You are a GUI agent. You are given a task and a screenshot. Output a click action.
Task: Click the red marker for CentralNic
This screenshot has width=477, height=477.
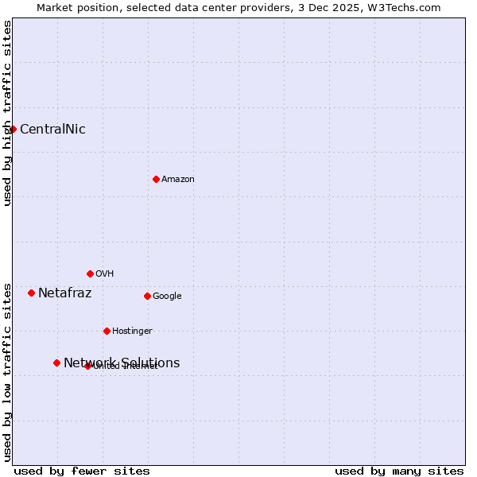click(13, 129)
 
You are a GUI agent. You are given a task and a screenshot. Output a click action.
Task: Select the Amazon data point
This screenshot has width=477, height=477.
click(156, 179)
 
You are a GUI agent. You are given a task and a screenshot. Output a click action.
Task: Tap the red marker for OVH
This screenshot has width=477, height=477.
click(90, 273)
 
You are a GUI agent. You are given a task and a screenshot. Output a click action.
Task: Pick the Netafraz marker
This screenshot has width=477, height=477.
click(31, 293)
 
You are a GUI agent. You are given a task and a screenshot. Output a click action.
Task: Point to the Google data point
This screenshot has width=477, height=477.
click(147, 296)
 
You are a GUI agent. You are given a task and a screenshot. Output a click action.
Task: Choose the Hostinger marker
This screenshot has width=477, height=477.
click(107, 331)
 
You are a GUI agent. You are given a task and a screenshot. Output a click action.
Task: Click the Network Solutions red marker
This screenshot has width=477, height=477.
click(56, 363)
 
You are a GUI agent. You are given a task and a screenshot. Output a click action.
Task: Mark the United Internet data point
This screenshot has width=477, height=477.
click(87, 366)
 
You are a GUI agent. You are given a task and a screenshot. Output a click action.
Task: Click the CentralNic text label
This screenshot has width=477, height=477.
click(52, 130)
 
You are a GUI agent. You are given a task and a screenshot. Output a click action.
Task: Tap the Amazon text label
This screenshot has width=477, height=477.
click(178, 180)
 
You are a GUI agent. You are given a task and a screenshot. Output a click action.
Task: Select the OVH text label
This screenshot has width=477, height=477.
click(105, 274)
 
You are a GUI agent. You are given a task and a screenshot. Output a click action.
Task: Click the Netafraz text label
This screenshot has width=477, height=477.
click(65, 293)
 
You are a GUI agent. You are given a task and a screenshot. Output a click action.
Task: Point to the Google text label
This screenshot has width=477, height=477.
click(167, 297)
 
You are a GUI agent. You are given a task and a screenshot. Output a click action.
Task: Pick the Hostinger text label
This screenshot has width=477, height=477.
click(132, 332)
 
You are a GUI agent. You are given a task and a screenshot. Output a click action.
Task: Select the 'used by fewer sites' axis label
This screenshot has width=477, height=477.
click(82, 471)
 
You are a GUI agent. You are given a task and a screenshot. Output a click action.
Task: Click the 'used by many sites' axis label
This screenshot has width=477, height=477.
click(399, 471)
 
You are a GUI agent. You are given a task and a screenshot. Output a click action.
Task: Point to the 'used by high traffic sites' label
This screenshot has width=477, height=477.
click(7, 113)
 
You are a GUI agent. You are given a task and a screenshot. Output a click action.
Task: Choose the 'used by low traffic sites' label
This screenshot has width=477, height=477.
click(7, 372)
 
